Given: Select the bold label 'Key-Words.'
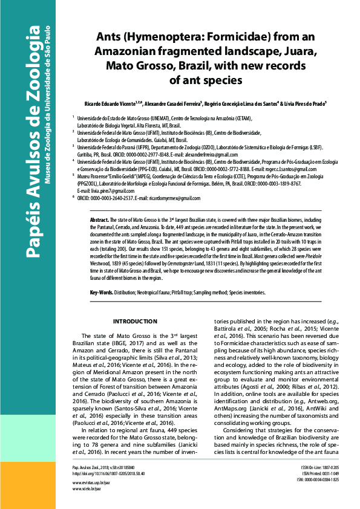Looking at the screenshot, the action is click(102, 293).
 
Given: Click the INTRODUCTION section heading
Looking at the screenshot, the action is click(136, 321).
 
